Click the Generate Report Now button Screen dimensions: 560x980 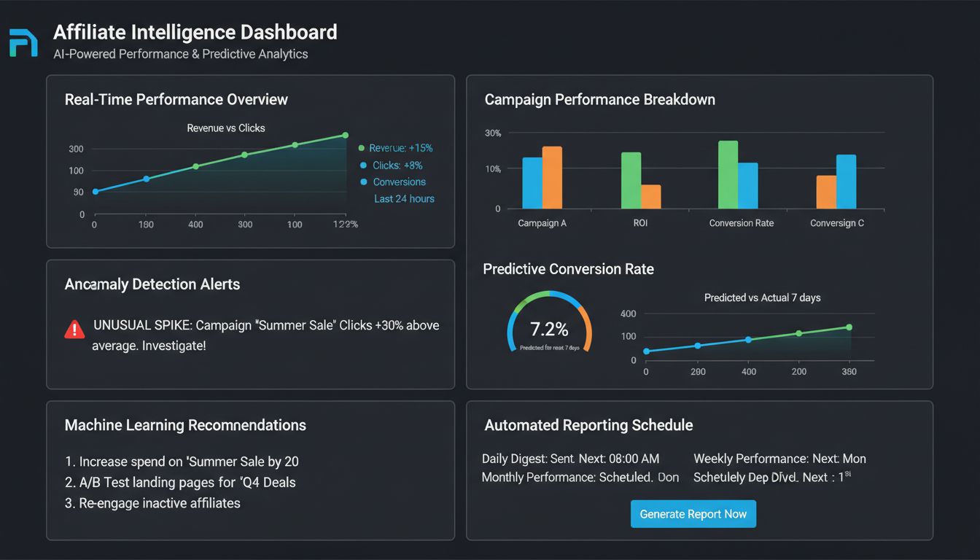tap(693, 514)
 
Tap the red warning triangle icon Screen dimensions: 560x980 tap(74, 330)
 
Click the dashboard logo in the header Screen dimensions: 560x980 tap(23, 43)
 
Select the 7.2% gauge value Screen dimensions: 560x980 tap(549, 328)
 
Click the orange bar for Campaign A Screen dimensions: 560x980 tap(552, 177)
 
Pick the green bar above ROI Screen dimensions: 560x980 tap(631, 180)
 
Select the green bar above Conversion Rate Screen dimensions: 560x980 tap(728, 175)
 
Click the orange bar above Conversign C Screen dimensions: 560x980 tap(825, 192)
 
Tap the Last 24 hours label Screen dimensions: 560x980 tap(404, 198)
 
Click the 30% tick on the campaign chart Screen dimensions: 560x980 tap(493, 133)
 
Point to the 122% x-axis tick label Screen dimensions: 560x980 tap(345, 225)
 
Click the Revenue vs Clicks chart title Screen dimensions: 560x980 tap(226, 128)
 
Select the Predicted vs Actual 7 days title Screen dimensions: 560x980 tap(762, 297)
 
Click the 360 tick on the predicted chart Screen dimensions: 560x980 tap(849, 372)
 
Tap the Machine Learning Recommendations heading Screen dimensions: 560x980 tap(185, 425)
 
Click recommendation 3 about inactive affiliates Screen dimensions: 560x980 tap(153, 503)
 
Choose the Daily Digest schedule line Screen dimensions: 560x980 tap(570, 459)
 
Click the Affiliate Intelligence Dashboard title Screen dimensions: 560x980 tap(195, 33)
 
